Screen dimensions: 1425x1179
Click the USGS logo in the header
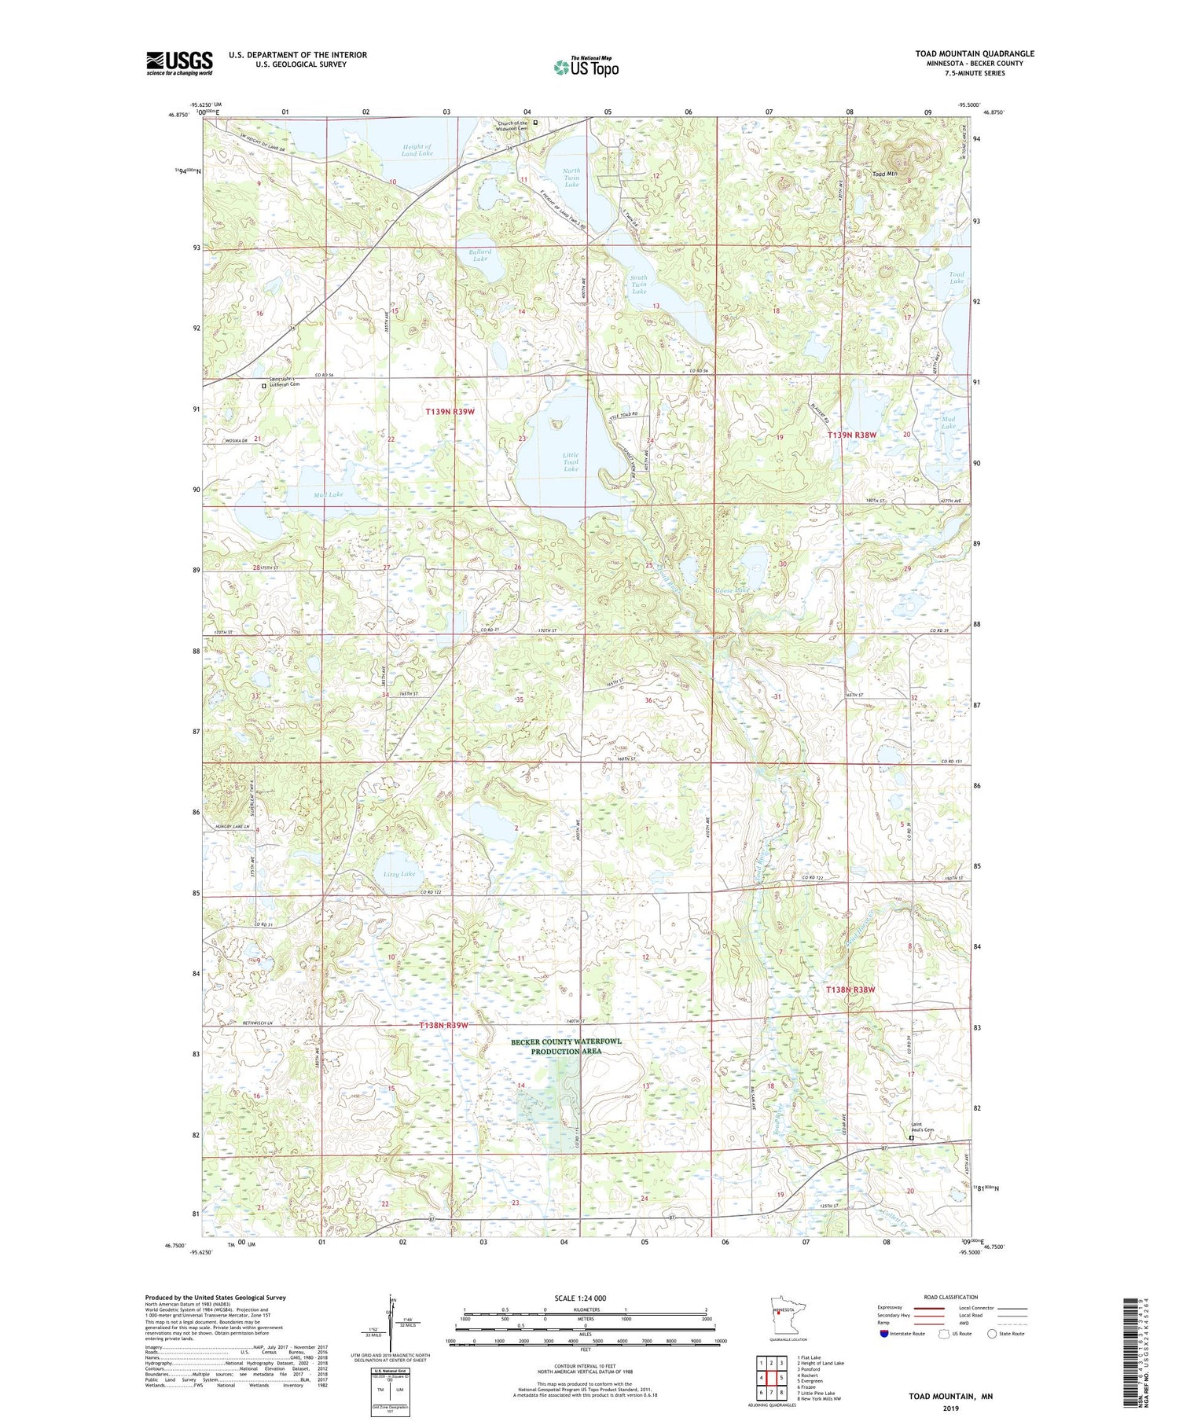pyautogui.click(x=179, y=63)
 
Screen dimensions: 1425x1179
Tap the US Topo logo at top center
pyautogui.click(x=586, y=67)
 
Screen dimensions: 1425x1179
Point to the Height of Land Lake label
pyautogui.click(x=417, y=150)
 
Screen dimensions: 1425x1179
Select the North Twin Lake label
pyautogui.click(x=571, y=178)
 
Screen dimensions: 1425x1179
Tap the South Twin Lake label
pyautogui.click(x=639, y=285)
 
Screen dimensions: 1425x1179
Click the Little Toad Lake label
pyautogui.click(x=571, y=462)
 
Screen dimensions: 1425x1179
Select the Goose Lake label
pyautogui.click(x=732, y=589)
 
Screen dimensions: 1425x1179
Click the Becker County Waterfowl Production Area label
pyautogui.click(x=566, y=1046)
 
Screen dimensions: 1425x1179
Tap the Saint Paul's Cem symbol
pyautogui.click(x=912, y=1137)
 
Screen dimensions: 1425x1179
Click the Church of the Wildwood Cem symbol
pyautogui.click(x=536, y=123)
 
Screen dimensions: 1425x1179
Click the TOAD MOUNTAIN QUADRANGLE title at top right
pyautogui.click(x=974, y=53)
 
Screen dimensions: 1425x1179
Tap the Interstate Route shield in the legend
pyautogui.click(x=884, y=1333)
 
